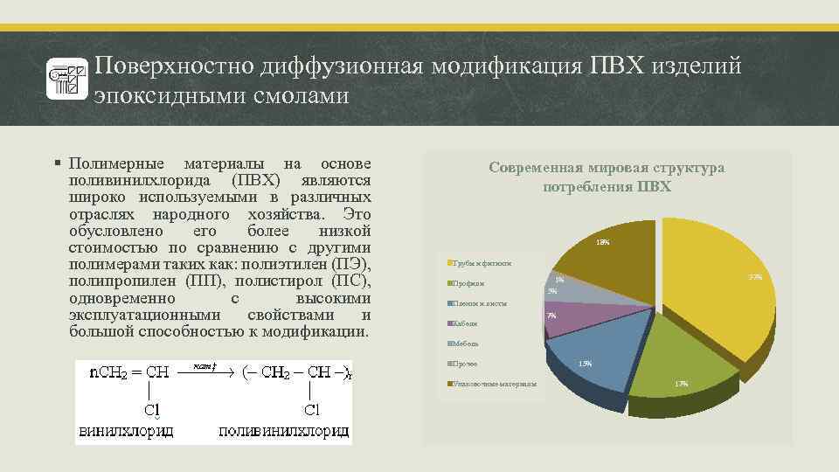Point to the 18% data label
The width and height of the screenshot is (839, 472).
click(602, 242)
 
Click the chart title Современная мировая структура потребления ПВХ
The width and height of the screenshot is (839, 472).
click(607, 177)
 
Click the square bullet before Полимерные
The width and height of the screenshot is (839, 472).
click(57, 163)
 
